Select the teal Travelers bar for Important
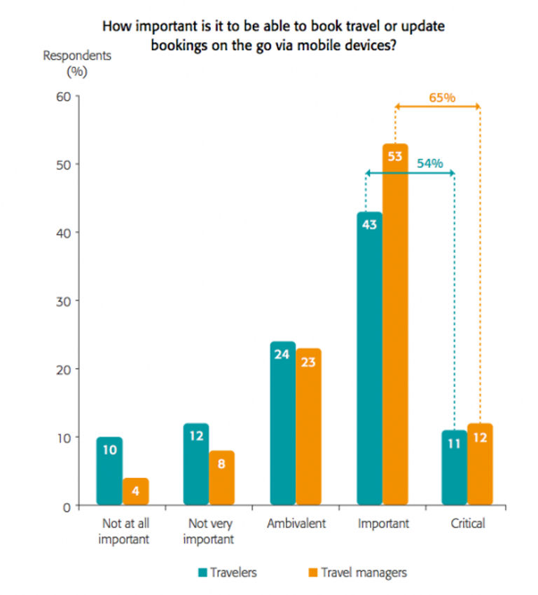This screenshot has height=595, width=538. (x=369, y=358)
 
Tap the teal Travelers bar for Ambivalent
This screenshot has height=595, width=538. (x=283, y=423)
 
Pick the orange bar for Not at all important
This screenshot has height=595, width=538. (x=135, y=491)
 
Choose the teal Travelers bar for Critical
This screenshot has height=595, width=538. (x=455, y=467)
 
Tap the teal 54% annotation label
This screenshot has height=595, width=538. (x=429, y=163)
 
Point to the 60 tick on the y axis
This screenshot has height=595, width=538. (x=63, y=96)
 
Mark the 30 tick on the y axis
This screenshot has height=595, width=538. (x=63, y=301)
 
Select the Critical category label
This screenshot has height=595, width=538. (x=468, y=524)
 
